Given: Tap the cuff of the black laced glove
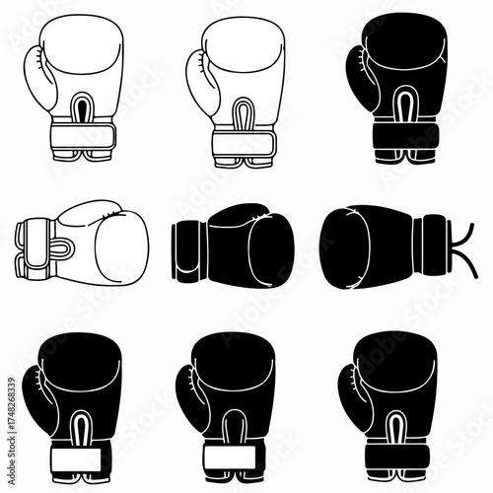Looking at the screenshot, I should tap(434, 242).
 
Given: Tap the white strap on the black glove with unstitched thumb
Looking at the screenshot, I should tap(234, 457).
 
